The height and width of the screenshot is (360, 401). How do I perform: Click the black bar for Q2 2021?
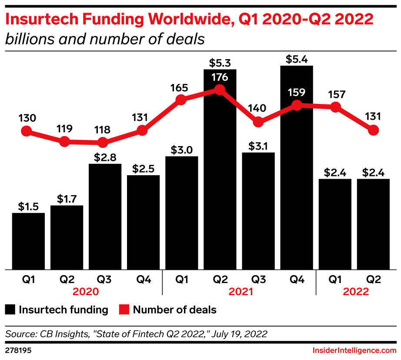[x=220, y=174]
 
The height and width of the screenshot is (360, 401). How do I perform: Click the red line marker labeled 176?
[x=220, y=90]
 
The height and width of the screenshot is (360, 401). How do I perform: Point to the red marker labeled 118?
[x=103, y=142]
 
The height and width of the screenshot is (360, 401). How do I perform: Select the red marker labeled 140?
[x=258, y=122]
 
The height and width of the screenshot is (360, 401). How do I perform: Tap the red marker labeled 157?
[x=335, y=107]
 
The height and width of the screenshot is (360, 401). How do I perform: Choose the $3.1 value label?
[x=258, y=146]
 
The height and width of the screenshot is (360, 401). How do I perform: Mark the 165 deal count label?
[x=179, y=88]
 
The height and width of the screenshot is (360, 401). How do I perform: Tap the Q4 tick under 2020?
[x=143, y=280]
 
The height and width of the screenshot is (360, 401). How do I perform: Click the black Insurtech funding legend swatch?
[x=10, y=310]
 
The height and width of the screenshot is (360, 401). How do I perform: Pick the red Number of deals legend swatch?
[x=124, y=310]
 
